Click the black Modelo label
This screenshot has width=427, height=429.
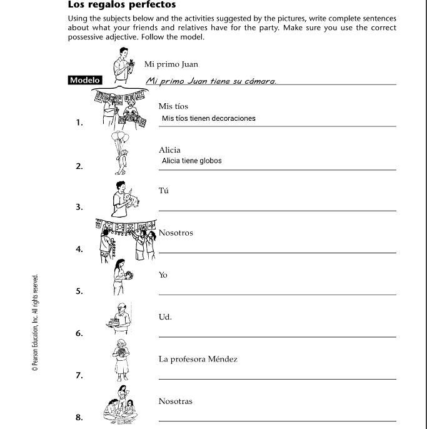coord(85,80)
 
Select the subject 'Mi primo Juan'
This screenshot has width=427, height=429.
coord(171,64)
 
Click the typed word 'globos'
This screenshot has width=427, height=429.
coord(211,161)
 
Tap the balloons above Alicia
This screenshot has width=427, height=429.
coord(120,137)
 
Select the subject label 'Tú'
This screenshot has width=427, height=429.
coord(164,190)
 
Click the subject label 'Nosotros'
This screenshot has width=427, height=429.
coord(176,233)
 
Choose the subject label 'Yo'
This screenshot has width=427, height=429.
coord(163,275)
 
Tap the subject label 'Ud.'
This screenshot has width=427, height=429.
coord(165,317)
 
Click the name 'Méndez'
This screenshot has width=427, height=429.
coord(223,359)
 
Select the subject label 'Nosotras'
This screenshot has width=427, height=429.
coord(176,401)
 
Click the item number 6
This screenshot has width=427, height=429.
coord(79,333)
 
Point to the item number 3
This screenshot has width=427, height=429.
coord(79,207)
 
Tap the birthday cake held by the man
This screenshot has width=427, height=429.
coord(114,322)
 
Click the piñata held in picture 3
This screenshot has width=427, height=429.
coord(131,199)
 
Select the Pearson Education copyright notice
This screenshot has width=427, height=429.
coord(35,323)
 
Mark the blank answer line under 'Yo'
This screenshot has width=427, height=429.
coord(278,295)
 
